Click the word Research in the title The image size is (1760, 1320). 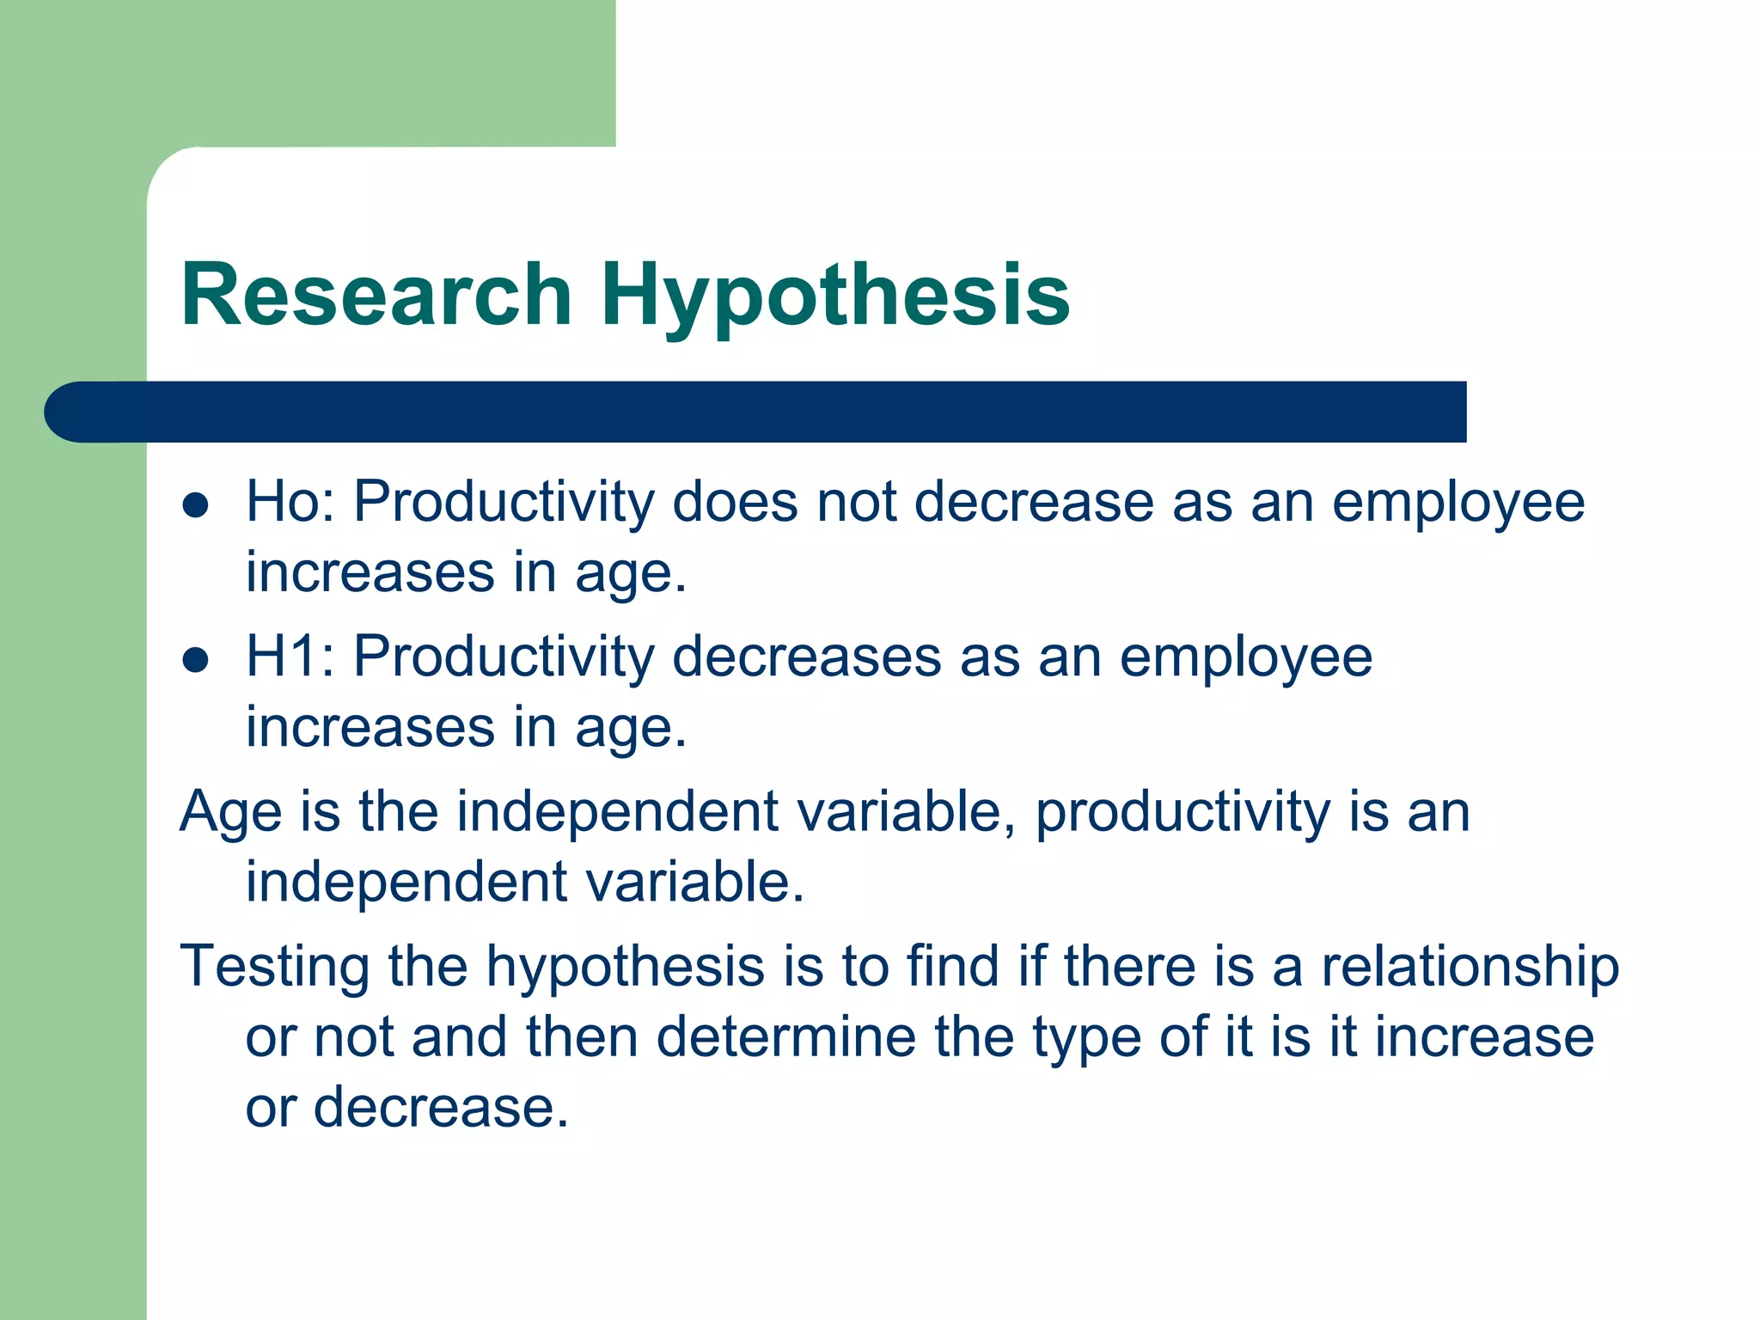coord(376,295)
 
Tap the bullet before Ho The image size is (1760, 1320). coord(196,505)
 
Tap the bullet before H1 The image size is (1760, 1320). coord(196,660)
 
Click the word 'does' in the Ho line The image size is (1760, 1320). coord(735,501)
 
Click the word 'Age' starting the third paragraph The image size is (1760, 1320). coord(230,812)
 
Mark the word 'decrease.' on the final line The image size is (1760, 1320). coord(441,1107)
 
